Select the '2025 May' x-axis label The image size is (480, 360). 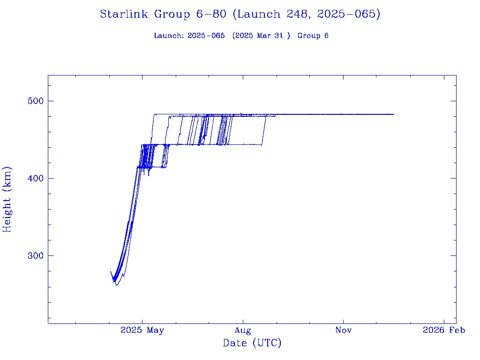click(x=142, y=330)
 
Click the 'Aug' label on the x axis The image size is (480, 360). click(x=243, y=330)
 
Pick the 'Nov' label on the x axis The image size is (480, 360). click(x=344, y=330)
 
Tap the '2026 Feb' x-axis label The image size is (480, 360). click(x=444, y=330)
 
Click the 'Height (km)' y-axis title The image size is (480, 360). click(x=7, y=199)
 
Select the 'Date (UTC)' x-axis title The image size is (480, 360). click(x=252, y=343)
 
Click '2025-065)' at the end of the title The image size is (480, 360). click(x=349, y=15)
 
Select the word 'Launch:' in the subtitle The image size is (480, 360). click(x=169, y=36)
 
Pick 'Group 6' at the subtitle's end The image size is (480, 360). click(x=313, y=36)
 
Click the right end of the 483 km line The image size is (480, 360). click(x=394, y=114)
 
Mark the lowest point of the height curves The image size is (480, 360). click(x=116, y=285)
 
